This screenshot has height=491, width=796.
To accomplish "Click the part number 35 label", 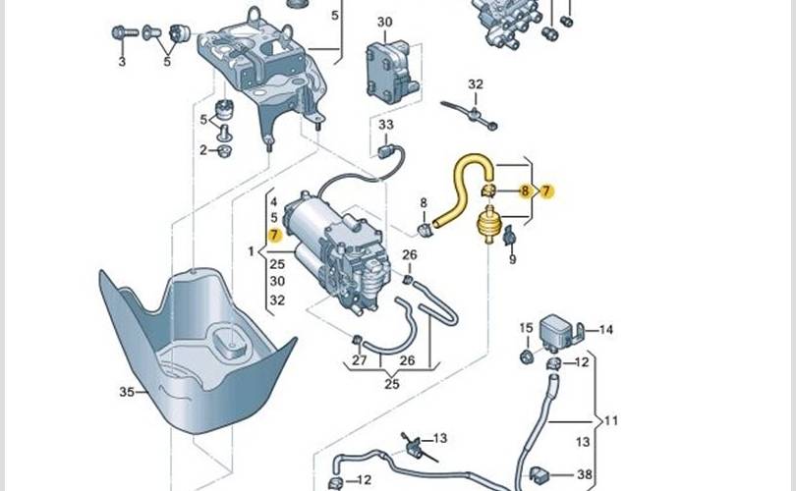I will pos(125,392).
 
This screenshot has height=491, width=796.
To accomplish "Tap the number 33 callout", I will pos(385,125).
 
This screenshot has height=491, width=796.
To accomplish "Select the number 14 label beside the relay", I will pos(605,330).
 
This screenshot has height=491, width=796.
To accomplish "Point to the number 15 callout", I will pos(526,328).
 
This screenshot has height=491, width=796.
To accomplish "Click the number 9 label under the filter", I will pos(512,260).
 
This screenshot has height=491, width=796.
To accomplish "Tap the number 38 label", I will pos(585,474).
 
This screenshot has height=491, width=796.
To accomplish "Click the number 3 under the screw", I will pos(123,62).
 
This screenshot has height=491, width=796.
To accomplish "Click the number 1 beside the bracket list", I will pos(252,252).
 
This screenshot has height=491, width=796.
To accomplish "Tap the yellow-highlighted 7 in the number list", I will pos(275,236).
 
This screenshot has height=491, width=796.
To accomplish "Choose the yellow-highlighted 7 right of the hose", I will pos(547,191).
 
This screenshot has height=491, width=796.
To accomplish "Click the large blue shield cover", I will pos(197,354).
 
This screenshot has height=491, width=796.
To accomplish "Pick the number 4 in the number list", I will pos(274,202).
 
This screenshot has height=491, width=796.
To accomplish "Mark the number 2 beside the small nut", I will pos(203,150).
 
